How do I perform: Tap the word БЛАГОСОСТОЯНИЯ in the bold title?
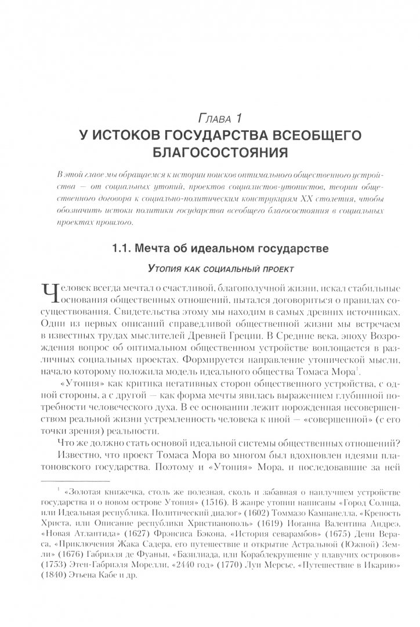point(209,154)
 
